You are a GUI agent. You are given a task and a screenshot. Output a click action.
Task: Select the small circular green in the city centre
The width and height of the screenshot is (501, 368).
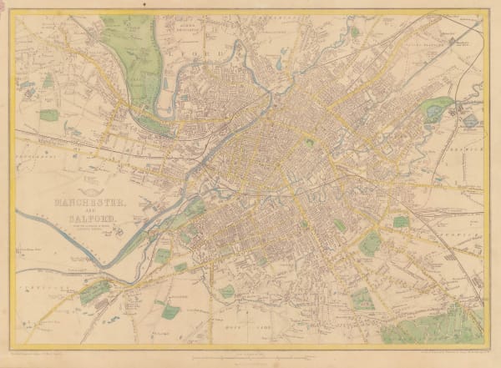coord(309,144)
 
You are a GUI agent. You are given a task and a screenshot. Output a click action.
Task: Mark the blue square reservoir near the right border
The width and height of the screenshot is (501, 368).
coord(469,120)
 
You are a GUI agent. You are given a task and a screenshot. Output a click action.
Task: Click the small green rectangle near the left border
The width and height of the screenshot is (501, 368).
coord(48,115)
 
